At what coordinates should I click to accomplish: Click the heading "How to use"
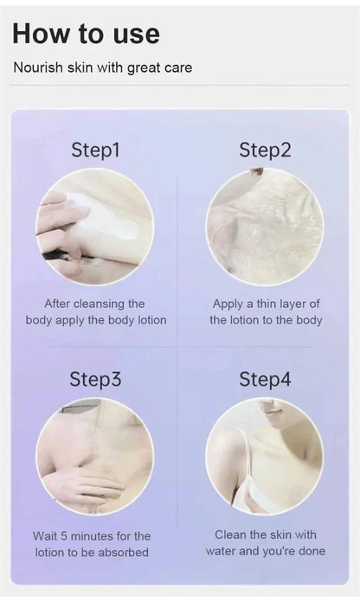(86, 34)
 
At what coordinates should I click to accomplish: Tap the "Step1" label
(95, 150)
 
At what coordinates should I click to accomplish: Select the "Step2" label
(265, 150)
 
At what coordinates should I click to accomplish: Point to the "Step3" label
(95, 379)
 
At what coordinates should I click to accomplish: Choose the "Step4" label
(265, 379)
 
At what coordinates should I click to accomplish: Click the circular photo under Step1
(95, 227)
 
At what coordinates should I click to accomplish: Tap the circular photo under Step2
(265, 227)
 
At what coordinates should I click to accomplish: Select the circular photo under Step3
(95, 457)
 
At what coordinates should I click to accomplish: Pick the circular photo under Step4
(265, 457)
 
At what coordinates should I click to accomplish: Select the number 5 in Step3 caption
(63, 536)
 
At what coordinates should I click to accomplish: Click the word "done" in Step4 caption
(312, 551)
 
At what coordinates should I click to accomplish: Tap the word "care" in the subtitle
(178, 68)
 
